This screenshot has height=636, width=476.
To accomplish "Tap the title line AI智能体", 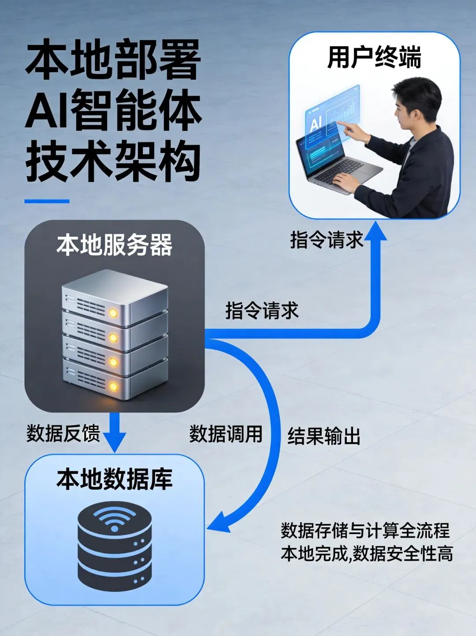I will pos(113,109).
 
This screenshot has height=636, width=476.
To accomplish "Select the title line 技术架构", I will pos(113,161).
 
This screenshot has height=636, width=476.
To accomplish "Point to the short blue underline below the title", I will pos(47,201).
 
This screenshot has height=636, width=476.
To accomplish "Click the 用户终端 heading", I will pos(374,57).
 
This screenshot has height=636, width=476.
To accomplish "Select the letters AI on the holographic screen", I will pos(316,124).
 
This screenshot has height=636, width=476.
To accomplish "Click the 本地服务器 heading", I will pos(114,245).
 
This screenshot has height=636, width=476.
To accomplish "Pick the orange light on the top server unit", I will pos(113,313).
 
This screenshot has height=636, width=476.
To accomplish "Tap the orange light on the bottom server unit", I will pos(113,387).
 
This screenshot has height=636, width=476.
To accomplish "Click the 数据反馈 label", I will pos(63,434).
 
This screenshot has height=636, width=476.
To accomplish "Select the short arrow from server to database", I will pos(114,432).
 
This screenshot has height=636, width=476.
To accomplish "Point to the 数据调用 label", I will pos(226,434).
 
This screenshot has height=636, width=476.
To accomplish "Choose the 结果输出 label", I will pos(324,436).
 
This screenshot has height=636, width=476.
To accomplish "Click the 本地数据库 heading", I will pos(114,480).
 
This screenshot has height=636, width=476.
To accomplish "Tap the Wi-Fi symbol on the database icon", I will pos(114,520).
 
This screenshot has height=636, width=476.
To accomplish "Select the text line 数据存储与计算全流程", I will pos(365,531).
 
